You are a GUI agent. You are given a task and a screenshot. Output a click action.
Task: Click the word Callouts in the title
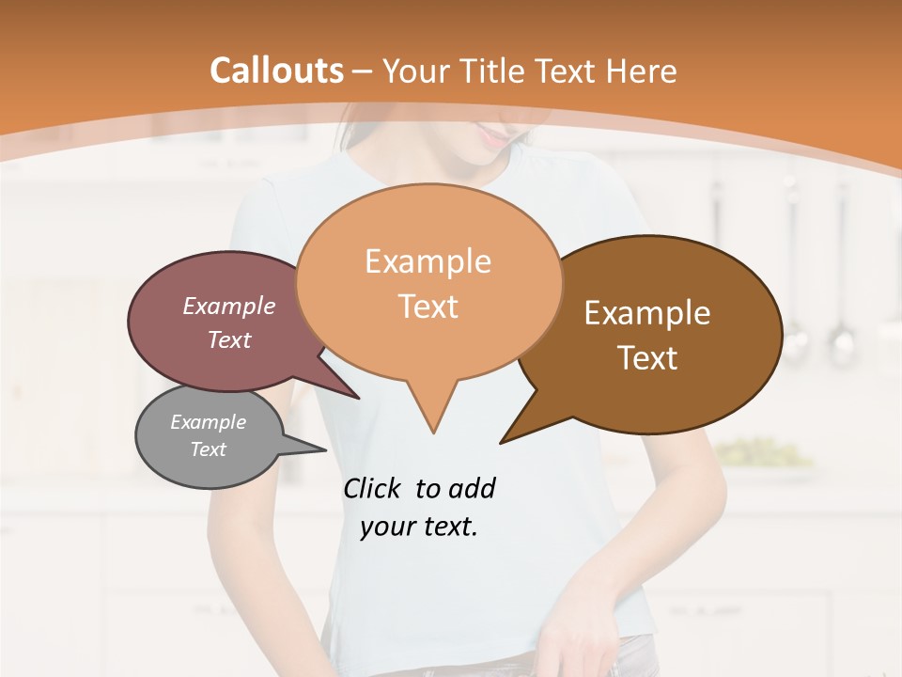(x=276, y=71)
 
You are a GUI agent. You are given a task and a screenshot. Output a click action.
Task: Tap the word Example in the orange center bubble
(x=428, y=261)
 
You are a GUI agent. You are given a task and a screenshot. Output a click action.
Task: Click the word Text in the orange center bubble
(x=428, y=307)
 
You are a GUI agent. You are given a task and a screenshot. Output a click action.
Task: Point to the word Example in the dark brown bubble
(x=647, y=313)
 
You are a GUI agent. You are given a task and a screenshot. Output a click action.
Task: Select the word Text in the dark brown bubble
(x=648, y=358)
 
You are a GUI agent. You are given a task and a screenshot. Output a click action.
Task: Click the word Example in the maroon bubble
(x=229, y=307)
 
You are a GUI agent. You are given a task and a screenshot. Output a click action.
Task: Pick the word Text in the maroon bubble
(x=229, y=339)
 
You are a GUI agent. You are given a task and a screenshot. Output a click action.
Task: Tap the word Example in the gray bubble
(x=209, y=422)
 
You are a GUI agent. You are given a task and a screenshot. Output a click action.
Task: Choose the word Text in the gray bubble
(x=209, y=449)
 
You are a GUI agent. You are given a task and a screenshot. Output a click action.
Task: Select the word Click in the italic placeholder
(x=374, y=489)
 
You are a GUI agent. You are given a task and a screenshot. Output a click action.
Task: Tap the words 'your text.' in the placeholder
(x=419, y=527)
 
